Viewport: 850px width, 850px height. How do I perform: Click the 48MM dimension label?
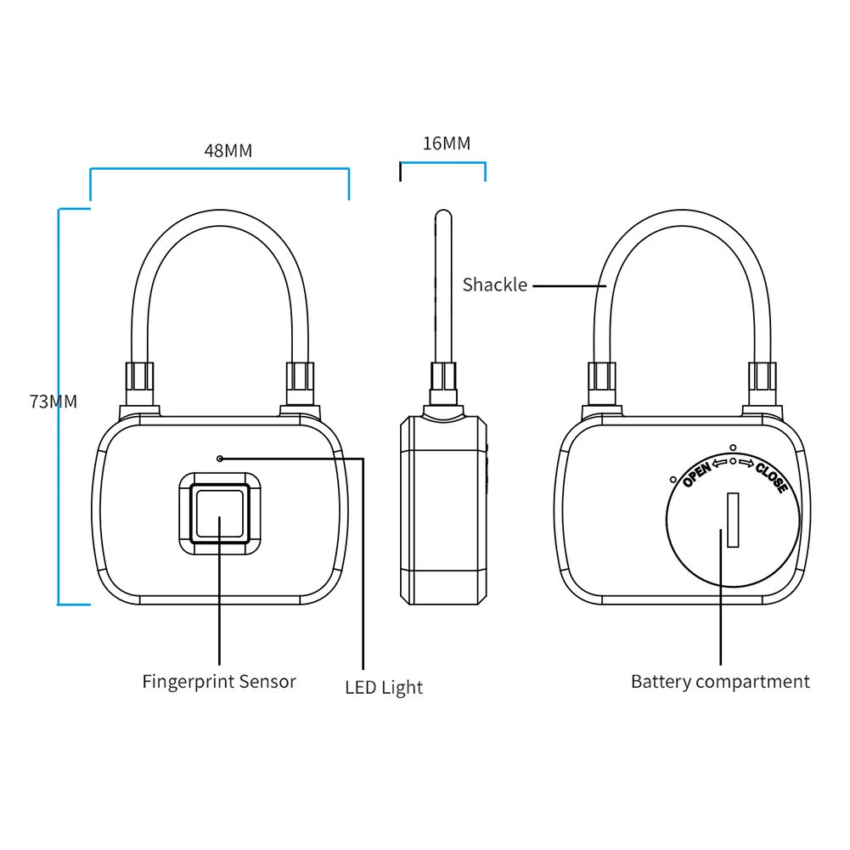click(228, 150)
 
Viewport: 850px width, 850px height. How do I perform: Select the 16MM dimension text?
click(446, 143)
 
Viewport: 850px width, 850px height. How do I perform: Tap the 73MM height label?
click(53, 402)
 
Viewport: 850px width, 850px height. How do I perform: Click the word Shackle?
click(494, 284)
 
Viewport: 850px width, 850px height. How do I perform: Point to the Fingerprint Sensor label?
click(219, 681)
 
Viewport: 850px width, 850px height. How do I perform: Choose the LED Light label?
click(383, 687)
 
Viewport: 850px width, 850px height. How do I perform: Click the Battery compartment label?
click(720, 681)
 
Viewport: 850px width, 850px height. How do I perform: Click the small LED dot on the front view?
click(220, 459)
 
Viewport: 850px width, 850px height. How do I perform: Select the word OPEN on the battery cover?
click(696, 473)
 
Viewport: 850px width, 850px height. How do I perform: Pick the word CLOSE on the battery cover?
click(770, 477)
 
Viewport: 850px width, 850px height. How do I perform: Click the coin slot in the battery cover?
click(733, 519)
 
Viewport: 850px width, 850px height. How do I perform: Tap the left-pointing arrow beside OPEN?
click(720, 463)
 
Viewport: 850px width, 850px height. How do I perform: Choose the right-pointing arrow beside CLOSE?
click(746, 463)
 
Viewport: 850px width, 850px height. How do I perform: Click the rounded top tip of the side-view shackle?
click(442, 215)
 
